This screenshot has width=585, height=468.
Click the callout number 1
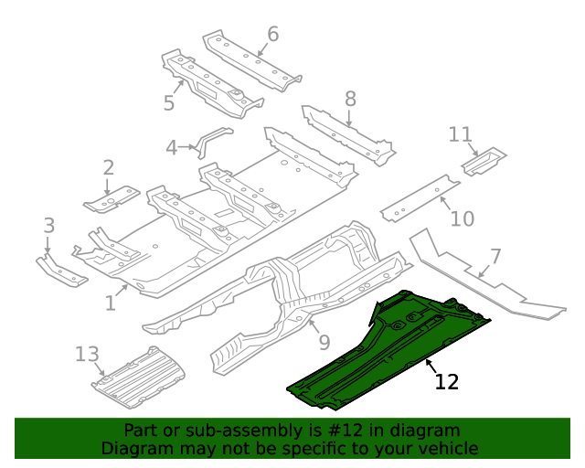111,302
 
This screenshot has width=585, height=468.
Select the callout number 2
108,167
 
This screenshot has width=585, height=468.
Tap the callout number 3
49,225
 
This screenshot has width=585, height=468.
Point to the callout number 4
172,147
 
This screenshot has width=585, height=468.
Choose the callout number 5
169,102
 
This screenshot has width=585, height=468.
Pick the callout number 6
272,35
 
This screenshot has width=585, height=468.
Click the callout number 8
350,99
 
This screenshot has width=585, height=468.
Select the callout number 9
324,343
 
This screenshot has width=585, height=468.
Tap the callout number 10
463,218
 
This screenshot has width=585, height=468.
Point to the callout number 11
461,135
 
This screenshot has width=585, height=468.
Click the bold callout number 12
446,381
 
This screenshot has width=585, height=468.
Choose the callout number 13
86,354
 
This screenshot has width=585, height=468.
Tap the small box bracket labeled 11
483,161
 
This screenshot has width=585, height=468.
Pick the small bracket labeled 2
112,197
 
